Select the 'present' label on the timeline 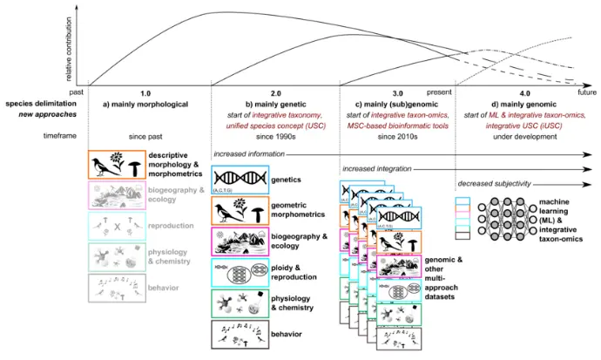tap(441, 92)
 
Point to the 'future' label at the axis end tap(587, 92)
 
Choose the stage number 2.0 tap(274, 92)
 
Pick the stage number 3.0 tap(396, 92)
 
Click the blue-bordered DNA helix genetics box tap(242, 180)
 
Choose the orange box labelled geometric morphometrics tap(242, 211)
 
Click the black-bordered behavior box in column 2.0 tap(242, 336)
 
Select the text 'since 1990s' tap(274, 136)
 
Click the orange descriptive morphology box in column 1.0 tap(117, 165)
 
